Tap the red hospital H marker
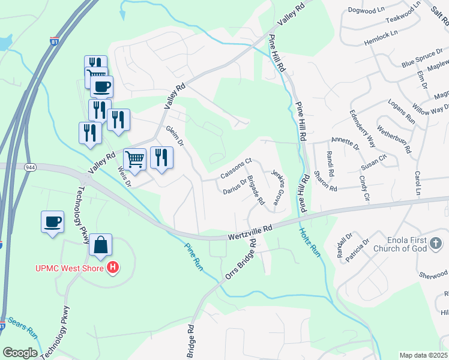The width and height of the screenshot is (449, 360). [x=112, y=267]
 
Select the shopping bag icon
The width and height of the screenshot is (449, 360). [x=101, y=245]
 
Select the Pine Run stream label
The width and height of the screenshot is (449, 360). [x=193, y=256]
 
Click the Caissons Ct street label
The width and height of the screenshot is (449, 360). [x=236, y=169]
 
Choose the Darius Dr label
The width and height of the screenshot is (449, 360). [x=235, y=187]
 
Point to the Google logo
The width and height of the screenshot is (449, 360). [x=20, y=353]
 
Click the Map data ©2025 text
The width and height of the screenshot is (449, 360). [x=423, y=355]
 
